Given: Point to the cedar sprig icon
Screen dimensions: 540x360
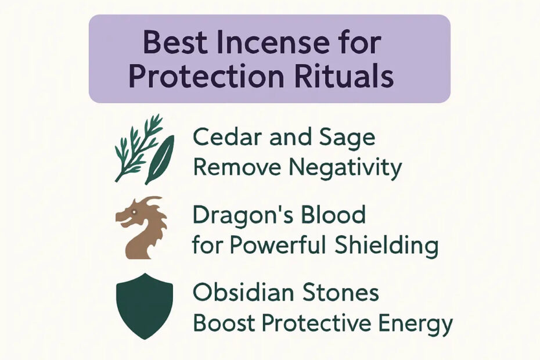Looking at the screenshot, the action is tap(138, 147).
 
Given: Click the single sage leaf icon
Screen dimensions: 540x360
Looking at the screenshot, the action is tap(160, 160).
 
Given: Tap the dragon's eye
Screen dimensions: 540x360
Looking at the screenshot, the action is tap(133, 213).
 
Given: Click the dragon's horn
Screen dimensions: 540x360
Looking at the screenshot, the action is tap(152, 200).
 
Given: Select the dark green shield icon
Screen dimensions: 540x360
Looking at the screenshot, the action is tap(145, 306).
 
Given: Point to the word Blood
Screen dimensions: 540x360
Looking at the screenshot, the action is tap(333, 214).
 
